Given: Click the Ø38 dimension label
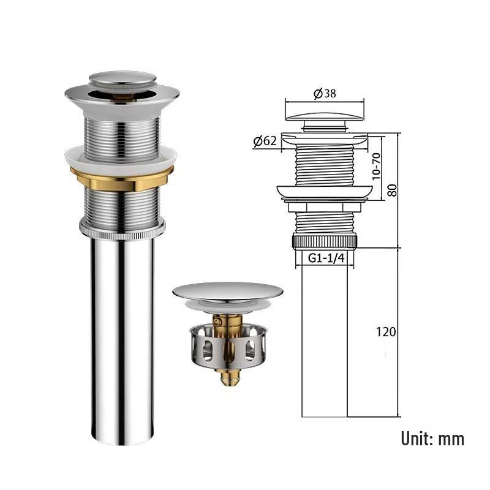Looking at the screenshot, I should click(325, 94).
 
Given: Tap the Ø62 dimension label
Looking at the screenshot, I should click(265, 141).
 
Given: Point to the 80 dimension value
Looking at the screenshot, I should click(393, 190).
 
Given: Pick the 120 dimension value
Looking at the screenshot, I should click(386, 331).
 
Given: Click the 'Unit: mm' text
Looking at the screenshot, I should click(432, 439).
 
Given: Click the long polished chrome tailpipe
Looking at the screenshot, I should click(122, 337).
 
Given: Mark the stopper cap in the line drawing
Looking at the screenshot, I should click(325, 116).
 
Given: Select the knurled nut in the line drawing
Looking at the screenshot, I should click(325, 241).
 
